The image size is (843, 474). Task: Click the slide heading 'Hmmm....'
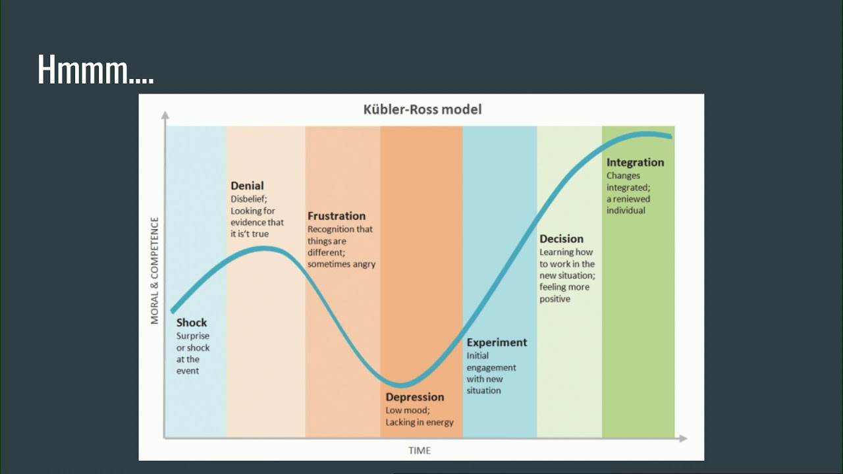95,70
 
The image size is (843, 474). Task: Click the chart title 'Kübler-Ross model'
422,109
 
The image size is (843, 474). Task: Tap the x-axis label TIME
420,450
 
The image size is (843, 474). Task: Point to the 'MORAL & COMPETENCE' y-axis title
155,271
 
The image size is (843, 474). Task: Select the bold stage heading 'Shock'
192,323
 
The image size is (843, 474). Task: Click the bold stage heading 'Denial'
247,186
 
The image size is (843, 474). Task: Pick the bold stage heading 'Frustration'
337,216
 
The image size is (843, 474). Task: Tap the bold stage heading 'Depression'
415,397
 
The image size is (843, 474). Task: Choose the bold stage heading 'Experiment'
497,343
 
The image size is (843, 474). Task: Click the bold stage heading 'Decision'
562,239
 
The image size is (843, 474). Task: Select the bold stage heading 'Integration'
636,163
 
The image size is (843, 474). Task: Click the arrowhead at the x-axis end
684,438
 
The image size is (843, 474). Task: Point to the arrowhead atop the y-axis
165,115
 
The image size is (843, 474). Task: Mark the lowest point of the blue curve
401,385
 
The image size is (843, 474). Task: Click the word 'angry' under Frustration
364,265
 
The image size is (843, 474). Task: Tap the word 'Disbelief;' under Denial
249,199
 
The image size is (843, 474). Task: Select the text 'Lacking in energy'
420,423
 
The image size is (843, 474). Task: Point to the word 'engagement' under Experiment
491,368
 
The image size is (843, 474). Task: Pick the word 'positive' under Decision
555,299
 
